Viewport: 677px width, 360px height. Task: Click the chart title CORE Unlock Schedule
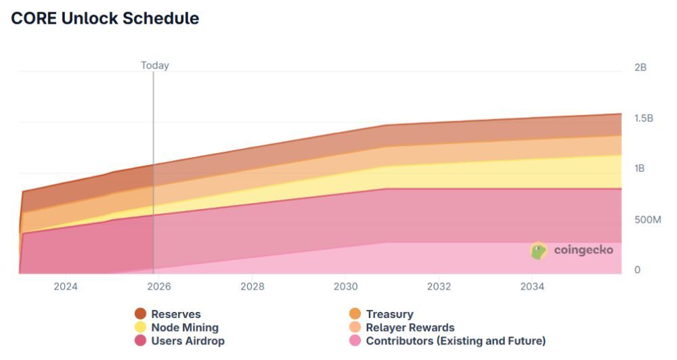click(x=105, y=18)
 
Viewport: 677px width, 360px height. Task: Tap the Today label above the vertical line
click(x=154, y=66)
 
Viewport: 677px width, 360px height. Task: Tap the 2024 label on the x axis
click(x=66, y=286)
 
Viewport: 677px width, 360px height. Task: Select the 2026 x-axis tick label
click(x=159, y=286)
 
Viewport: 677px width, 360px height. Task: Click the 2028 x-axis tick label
click(x=253, y=286)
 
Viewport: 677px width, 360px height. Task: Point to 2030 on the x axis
click(x=346, y=286)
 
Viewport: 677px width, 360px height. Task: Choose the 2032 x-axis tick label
click(x=439, y=286)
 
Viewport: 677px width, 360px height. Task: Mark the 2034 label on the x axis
click(x=533, y=286)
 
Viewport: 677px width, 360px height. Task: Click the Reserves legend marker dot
click(x=141, y=313)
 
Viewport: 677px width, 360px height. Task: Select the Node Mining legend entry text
click(x=185, y=328)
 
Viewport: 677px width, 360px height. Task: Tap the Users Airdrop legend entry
click(x=188, y=341)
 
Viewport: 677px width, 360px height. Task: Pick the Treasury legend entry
click(x=389, y=314)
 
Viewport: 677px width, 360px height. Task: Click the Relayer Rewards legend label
click(x=410, y=328)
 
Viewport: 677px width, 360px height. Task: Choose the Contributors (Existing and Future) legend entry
click(x=456, y=341)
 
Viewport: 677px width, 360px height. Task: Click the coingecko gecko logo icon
click(x=539, y=251)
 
